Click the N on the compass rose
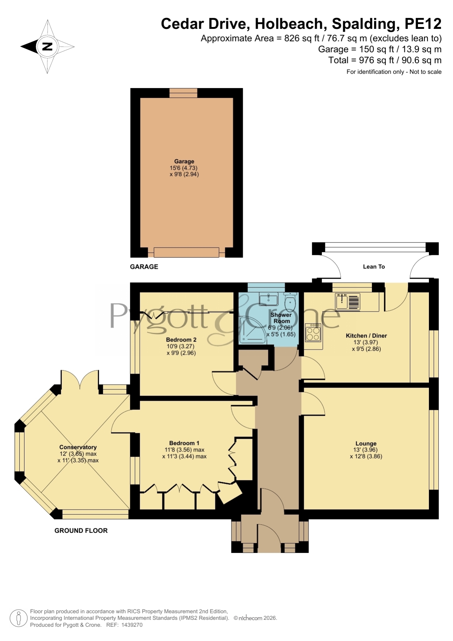[x=47, y=46]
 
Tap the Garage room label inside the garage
[x=184, y=161]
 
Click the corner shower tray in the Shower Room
[x=254, y=330]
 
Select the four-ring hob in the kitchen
[x=313, y=332]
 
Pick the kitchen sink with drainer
[x=348, y=302]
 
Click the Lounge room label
[x=366, y=443]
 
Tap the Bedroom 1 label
[x=184, y=443]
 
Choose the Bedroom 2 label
[x=181, y=340]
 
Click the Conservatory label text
[x=78, y=447]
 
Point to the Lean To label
[x=374, y=267]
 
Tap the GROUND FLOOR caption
[x=81, y=531]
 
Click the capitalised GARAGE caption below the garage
[x=144, y=267]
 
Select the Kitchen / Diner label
[x=366, y=336]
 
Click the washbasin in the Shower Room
[x=268, y=299]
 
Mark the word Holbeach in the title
[x=289, y=24]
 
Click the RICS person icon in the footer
[x=18, y=618]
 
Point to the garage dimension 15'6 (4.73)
[x=184, y=168]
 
